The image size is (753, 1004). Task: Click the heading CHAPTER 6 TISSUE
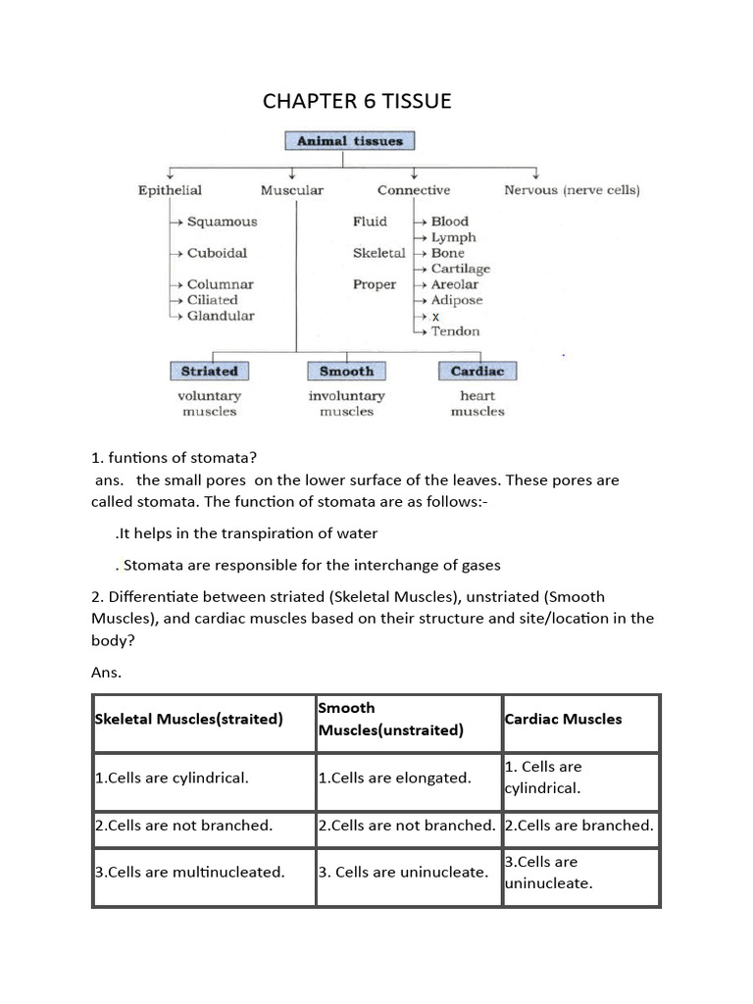click(357, 101)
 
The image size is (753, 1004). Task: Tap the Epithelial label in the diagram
click(170, 190)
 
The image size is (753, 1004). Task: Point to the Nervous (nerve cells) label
click(572, 190)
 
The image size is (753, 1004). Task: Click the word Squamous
click(222, 222)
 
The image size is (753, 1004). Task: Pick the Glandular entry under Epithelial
click(221, 316)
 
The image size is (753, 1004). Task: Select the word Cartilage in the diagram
click(461, 269)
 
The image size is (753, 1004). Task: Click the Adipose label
click(457, 300)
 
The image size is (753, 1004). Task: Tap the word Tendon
click(456, 331)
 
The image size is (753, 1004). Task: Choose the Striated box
click(209, 372)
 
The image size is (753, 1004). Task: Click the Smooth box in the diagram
click(346, 372)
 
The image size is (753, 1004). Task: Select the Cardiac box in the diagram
click(477, 372)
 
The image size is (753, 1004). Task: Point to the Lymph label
click(453, 237)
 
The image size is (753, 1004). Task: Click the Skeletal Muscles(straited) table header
click(188, 719)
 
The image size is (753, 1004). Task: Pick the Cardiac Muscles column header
click(563, 719)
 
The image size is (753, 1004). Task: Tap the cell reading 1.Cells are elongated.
click(394, 778)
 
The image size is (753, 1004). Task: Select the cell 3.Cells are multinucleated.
click(189, 872)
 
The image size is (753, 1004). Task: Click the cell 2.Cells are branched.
click(578, 826)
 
